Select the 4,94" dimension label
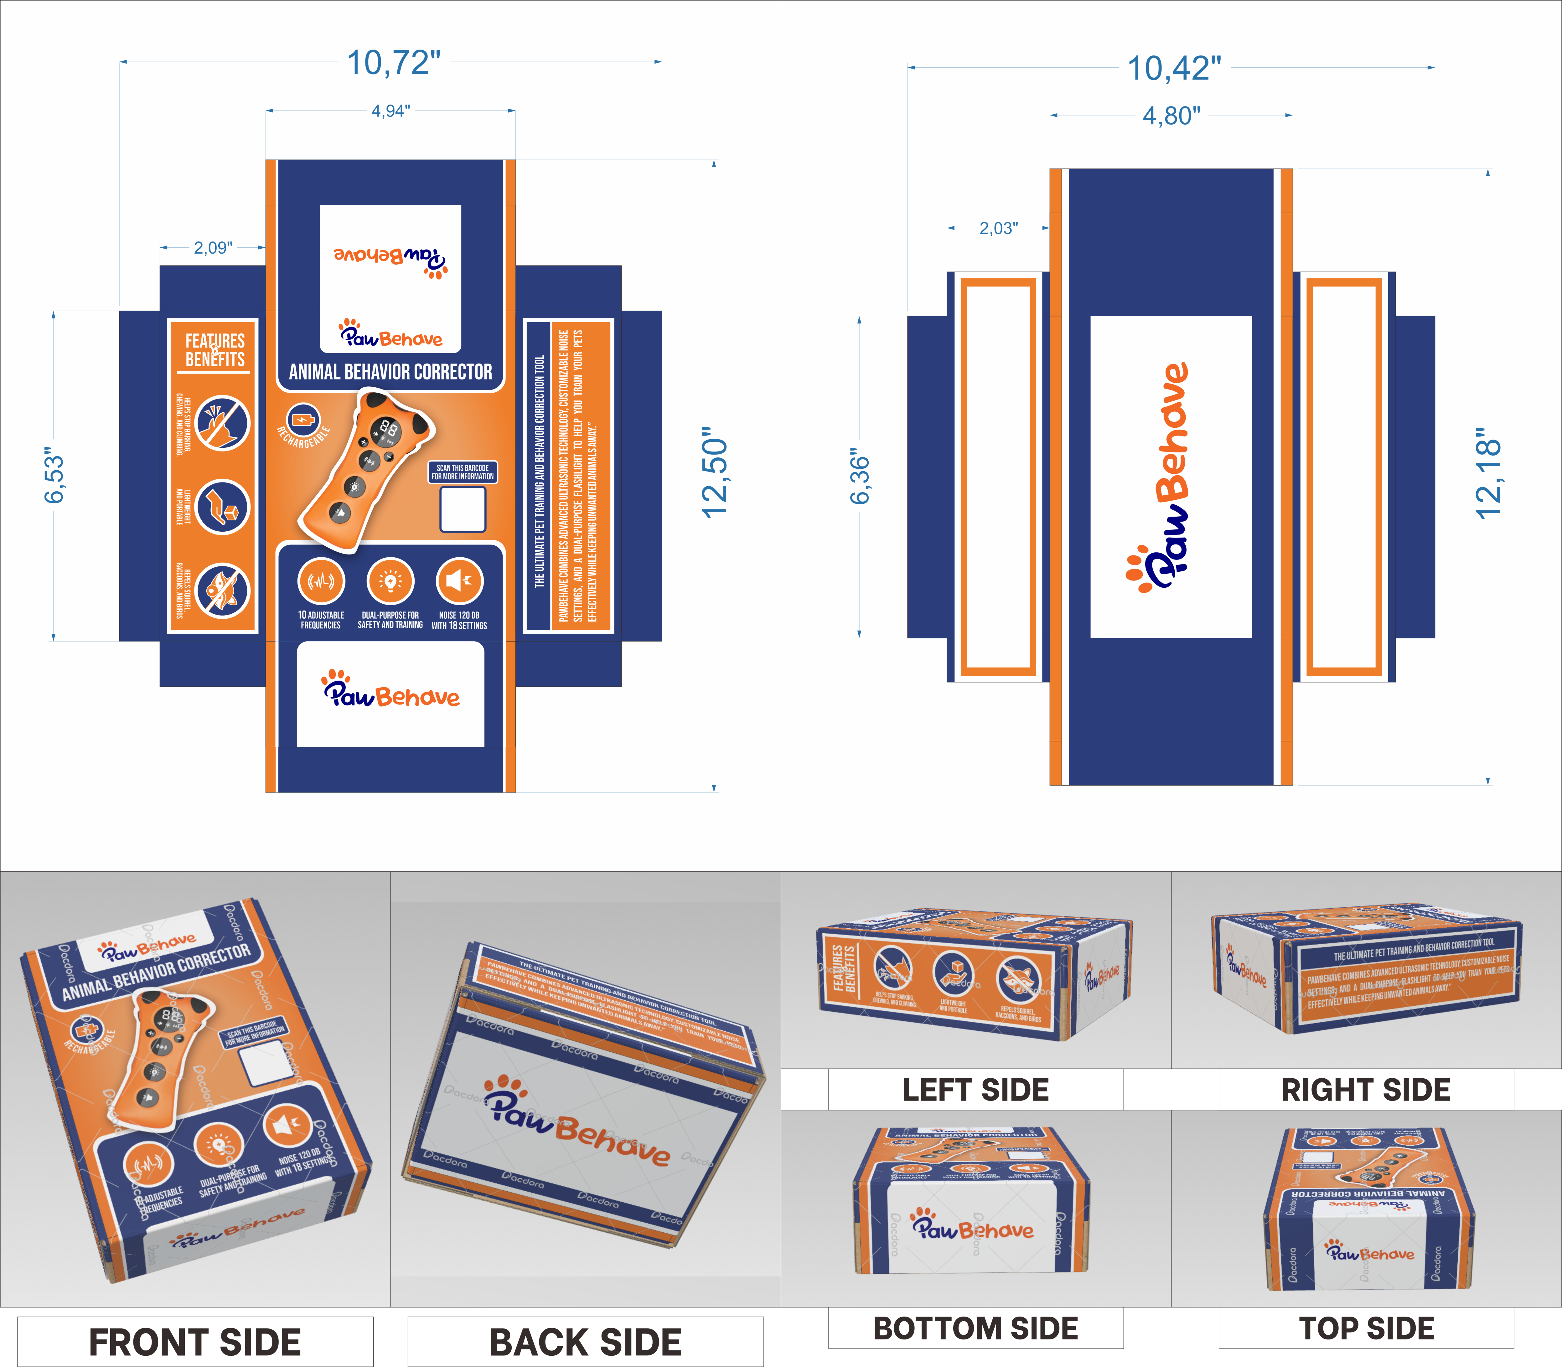point(391,111)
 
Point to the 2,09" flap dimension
point(213,248)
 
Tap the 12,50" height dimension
point(715,473)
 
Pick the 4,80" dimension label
point(1171,116)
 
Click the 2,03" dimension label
point(998,228)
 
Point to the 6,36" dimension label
point(860,477)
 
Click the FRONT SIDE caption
point(195,1342)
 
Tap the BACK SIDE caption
point(585,1342)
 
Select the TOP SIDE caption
point(1366,1328)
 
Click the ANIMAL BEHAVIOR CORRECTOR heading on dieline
point(391,372)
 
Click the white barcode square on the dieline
point(463,509)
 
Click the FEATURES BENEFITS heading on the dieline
point(215,350)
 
